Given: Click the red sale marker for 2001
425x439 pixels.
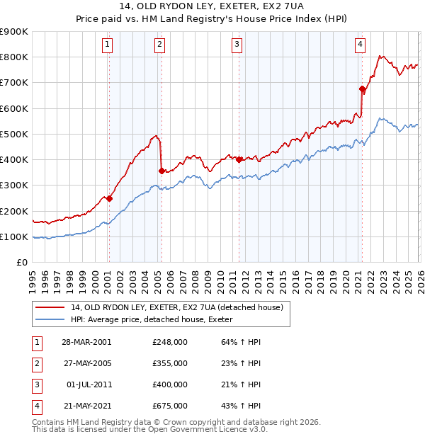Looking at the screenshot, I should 109,199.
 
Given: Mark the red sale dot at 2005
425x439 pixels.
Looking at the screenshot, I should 161,171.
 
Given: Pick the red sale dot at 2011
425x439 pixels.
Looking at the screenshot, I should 239,159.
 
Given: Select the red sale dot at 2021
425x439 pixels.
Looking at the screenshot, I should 363,89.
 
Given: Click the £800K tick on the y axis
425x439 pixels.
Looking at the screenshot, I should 14,57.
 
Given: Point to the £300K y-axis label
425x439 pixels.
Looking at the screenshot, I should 14,186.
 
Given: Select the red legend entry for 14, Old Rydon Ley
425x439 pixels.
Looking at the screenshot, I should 177,307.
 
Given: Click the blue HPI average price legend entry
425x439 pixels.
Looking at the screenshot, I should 157,320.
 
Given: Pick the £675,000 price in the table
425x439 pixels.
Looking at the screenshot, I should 170,406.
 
